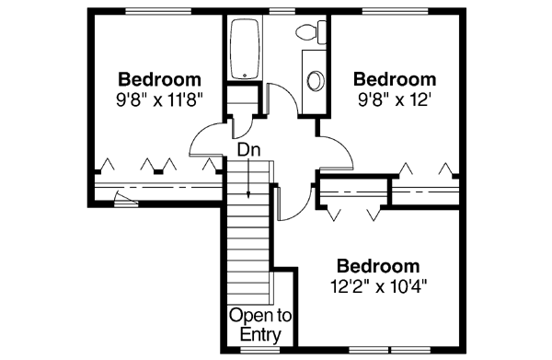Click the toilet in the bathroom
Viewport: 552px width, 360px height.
(x=305, y=33)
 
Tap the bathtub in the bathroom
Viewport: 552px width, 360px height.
(x=245, y=47)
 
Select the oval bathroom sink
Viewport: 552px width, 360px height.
(x=315, y=79)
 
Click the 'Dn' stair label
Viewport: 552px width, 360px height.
(x=247, y=147)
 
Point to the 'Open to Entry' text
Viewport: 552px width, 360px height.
(x=259, y=325)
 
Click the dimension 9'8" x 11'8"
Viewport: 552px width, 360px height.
(x=159, y=96)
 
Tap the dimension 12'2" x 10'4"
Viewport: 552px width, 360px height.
(x=381, y=285)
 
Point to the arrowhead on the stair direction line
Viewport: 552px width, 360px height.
(x=250, y=193)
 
